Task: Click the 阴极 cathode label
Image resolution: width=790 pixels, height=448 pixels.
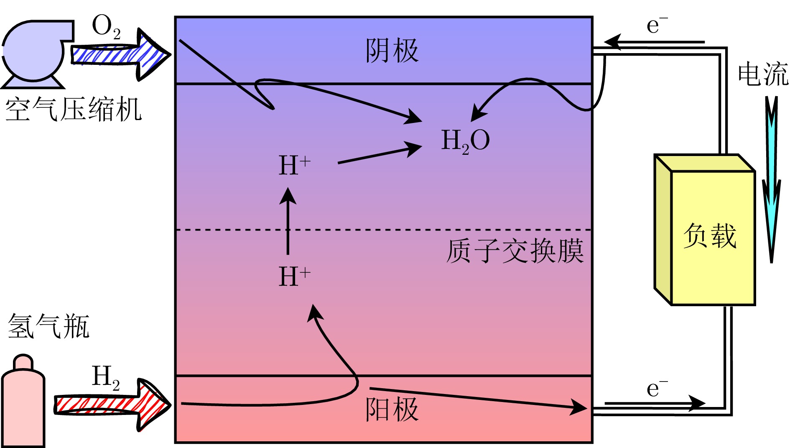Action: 392,51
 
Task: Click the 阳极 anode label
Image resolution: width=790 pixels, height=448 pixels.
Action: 392,409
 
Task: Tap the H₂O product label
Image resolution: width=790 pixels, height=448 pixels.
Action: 465,141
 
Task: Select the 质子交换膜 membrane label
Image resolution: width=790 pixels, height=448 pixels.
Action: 515,251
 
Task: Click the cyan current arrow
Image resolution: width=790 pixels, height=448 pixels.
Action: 771,180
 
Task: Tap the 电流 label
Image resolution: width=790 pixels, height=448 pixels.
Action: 763,74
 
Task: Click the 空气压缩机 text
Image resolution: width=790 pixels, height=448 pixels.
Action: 73,110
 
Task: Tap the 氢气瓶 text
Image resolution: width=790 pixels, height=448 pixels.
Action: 48,326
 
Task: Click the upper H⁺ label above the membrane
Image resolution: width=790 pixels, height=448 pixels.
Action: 294,165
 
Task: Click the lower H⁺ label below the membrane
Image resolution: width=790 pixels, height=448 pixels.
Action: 294,276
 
